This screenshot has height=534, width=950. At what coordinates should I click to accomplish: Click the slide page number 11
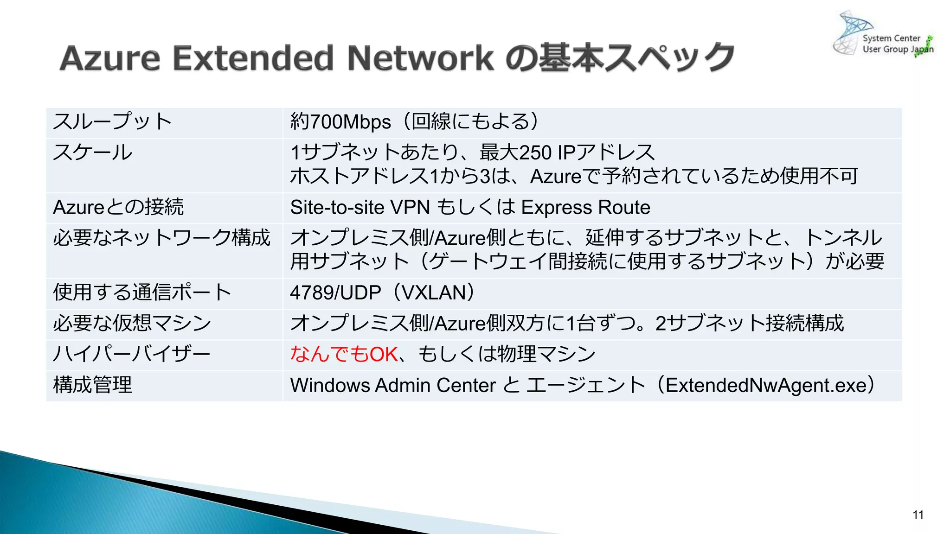tap(918, 515)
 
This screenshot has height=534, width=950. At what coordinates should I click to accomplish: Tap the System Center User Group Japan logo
tap(883, 35)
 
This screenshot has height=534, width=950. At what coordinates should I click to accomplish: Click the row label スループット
tap(112, 121)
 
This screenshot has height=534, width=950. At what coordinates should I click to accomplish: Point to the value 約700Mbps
tap(340, 122)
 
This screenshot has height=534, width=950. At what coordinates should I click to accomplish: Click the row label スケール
tap(93, 153)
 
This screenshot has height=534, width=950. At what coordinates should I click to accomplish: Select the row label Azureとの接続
tap(118, 207)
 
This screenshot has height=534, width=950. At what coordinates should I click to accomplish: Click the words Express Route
tap(585, 207)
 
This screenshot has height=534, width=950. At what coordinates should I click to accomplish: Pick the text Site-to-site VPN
tap(360, 207)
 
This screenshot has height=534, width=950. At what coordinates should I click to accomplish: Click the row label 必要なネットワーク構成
tap(161, 238)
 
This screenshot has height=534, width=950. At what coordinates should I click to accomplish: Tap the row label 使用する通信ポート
tap(142, 292)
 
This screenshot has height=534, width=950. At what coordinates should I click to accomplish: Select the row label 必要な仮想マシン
tap(132, 323)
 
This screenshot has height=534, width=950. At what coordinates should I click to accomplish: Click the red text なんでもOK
tap(344, 354)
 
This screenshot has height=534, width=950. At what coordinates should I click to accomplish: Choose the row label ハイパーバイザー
tap(132, 354)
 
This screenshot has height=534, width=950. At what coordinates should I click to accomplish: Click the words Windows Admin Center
tap(393, 385)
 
